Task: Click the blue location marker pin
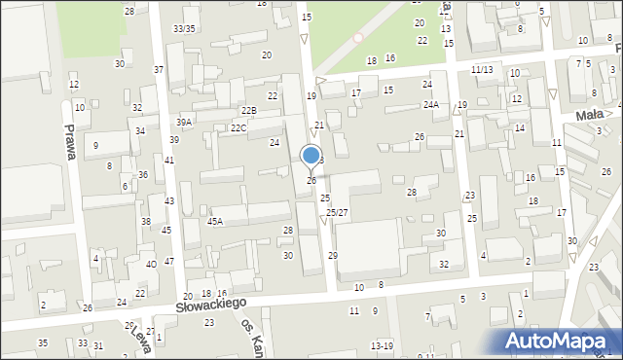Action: pyautogui.click(x=311, y=156)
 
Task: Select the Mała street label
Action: pyautogui.click(x=587, y=115)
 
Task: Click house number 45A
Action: pyautogui.click(x=215, y=221)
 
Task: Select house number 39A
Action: pyautogui.click(x=183, y=122)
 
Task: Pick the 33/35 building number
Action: pyautogui.click(x=184, y=28)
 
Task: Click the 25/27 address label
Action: pyautogui.click(x=337, y=212)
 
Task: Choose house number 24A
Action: pyautogui.click(x=430, y=104)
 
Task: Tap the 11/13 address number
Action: pyautogui.click(x=481, y=70)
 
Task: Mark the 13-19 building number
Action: pyautogui.click(x=382, y=345)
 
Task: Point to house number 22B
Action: pyautogui.click(x=249, y=111)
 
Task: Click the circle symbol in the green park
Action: pyautogui.click(x=358, y=37)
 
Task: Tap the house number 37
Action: pyautogui.click(x=159, y=70)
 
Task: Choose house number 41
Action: pyautogui.click(x=169, y=160)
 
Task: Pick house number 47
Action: pyautogui.click(x=169, y=261)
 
